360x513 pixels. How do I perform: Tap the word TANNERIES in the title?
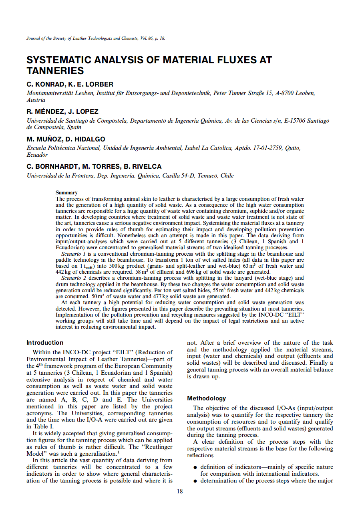[x=55, y=71]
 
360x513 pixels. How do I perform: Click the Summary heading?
[x=66, y=193]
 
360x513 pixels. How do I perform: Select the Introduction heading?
[x=45, y=343]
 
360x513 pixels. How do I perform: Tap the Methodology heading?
[x=206, y=398]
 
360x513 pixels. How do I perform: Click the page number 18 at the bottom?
[x=180, y=491]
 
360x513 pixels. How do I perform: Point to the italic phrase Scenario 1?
[x=74, y=254]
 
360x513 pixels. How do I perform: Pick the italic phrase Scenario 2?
[x=74, y=278]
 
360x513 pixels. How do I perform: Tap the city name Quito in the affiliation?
[x=292, y=148]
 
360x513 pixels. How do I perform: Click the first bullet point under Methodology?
[x=195, y=467]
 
